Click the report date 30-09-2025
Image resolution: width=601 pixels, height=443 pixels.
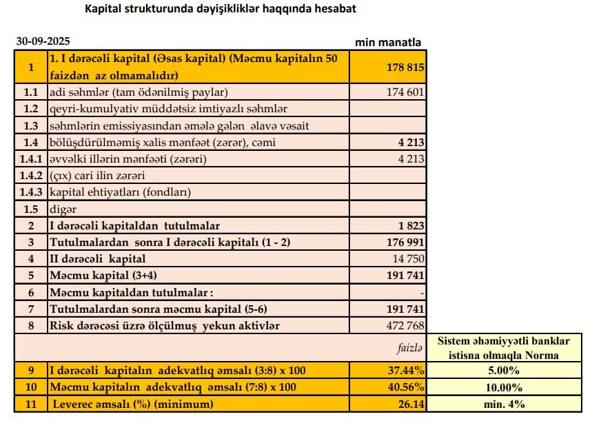43,42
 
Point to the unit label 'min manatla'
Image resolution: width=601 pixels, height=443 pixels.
388,42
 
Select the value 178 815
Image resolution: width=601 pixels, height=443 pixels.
405,68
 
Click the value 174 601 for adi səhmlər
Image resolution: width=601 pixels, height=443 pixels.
406,92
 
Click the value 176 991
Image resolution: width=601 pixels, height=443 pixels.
405,243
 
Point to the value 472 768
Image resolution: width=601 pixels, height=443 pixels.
405,325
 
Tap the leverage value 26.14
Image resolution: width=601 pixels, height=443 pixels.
411,404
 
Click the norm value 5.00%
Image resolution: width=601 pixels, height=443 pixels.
505,371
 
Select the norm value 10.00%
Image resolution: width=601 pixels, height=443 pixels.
505,387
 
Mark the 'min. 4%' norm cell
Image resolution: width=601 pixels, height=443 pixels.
505,404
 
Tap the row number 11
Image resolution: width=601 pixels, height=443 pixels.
30,404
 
